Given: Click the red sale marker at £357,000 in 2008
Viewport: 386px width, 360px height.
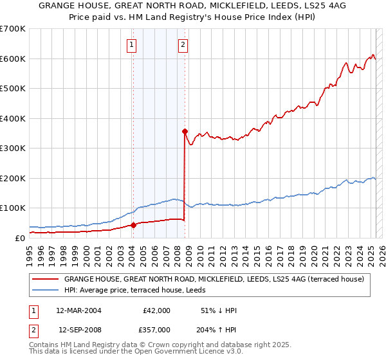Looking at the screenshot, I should [x=185, y=131].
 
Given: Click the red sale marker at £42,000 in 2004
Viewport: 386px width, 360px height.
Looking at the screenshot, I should [x=133, y=225].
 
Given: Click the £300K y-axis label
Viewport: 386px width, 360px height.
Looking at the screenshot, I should [x=12, y=148].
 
